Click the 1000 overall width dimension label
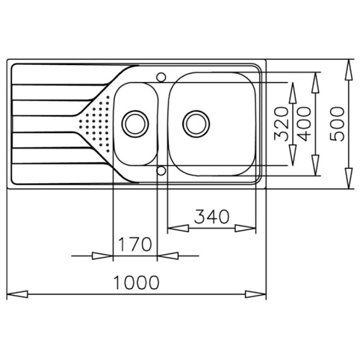tap(136, 282)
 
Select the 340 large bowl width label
tap(211, 216)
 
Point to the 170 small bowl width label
tap(134, 244)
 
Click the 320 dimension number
tap(281, 124)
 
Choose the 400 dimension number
tap(304, 124)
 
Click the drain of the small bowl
tap(135, 124)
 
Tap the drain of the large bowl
tap(196, 124)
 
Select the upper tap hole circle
tap(161, 77)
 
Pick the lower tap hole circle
tap(161, 170)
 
